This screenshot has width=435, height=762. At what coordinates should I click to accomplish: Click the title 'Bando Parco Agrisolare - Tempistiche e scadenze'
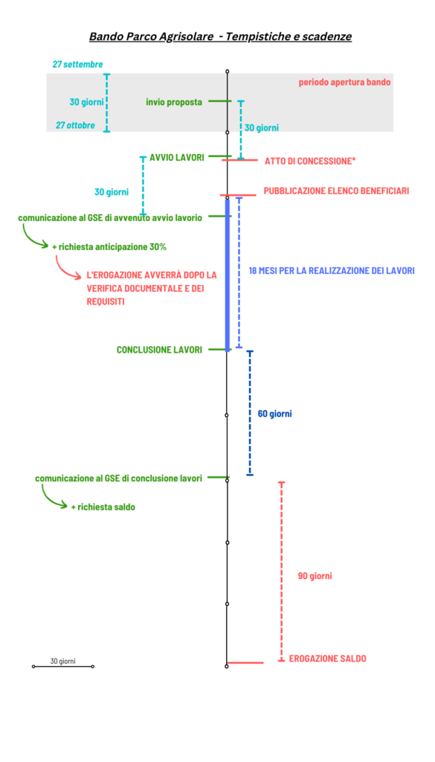(x=220, y=36)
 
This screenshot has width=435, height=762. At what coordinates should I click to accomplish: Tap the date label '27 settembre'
(x=77, y=64)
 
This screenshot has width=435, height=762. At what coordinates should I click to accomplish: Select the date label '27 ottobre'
(x=75, y=125)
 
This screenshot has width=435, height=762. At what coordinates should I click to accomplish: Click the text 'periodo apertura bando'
(x=345, y=82)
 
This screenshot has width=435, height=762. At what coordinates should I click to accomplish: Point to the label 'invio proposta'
(x=174, y=102)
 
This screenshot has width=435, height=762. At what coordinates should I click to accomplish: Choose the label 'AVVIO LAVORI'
(x=177, y=156)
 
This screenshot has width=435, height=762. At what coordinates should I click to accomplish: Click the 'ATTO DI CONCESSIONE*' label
(x=310, y=161)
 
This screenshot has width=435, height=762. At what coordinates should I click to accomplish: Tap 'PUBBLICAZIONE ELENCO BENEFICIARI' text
(x=336, y=191)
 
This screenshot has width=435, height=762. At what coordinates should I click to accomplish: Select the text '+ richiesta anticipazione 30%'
(x=109, y=247)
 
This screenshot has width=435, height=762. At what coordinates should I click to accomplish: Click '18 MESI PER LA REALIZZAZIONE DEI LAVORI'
(x=332, y=271)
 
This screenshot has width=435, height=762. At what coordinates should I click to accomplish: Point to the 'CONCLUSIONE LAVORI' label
(x=159, y=350)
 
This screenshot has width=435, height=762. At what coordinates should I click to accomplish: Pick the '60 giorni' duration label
(x=275, y=414)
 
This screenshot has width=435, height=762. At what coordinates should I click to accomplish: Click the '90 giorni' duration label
(x=315, y=577)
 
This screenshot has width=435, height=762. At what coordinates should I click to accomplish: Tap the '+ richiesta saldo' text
(x=103, y=507)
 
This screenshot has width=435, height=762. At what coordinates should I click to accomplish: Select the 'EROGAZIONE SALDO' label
(x=328, y=659)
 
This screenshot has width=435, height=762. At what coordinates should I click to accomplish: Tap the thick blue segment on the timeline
(x=228, y=275)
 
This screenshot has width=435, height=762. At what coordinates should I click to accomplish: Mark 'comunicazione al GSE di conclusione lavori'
(x=118, y=478)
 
